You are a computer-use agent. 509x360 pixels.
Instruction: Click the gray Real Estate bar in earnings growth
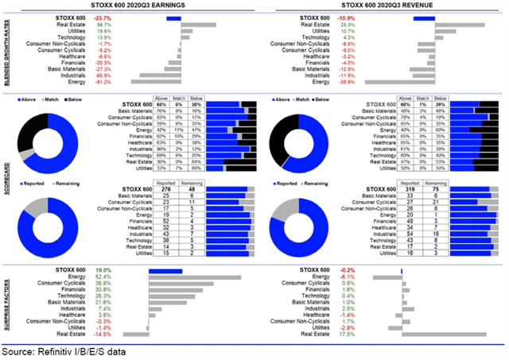(x=198, y=25)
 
